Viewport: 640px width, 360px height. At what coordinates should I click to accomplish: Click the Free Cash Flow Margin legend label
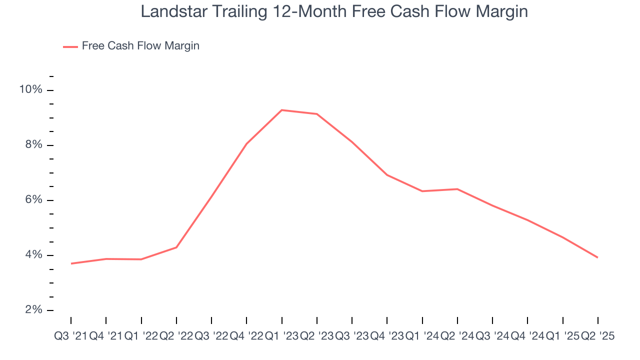point(140,46)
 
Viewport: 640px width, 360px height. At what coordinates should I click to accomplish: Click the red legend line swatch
point(70,46)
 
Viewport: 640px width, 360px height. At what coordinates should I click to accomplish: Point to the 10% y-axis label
point(30,89)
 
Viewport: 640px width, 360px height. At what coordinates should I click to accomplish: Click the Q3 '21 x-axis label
point(70,336)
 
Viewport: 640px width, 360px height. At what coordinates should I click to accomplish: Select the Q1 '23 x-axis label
point(281,336)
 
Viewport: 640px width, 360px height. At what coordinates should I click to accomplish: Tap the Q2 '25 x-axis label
point(597,336)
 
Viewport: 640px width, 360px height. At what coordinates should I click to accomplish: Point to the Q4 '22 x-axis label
point(246,336)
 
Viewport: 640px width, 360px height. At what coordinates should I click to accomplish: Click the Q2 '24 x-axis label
point(457,336)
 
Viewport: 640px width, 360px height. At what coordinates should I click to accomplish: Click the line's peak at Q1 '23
point(282,110)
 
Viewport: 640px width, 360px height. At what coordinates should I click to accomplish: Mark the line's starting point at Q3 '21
point(71,263)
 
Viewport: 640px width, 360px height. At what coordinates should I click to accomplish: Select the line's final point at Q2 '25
point(598,257)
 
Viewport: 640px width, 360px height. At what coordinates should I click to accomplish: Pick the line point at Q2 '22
point(176,247)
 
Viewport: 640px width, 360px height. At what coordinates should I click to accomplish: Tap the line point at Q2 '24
point(457,189)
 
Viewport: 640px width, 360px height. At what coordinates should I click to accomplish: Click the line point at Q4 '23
point(387,175)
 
